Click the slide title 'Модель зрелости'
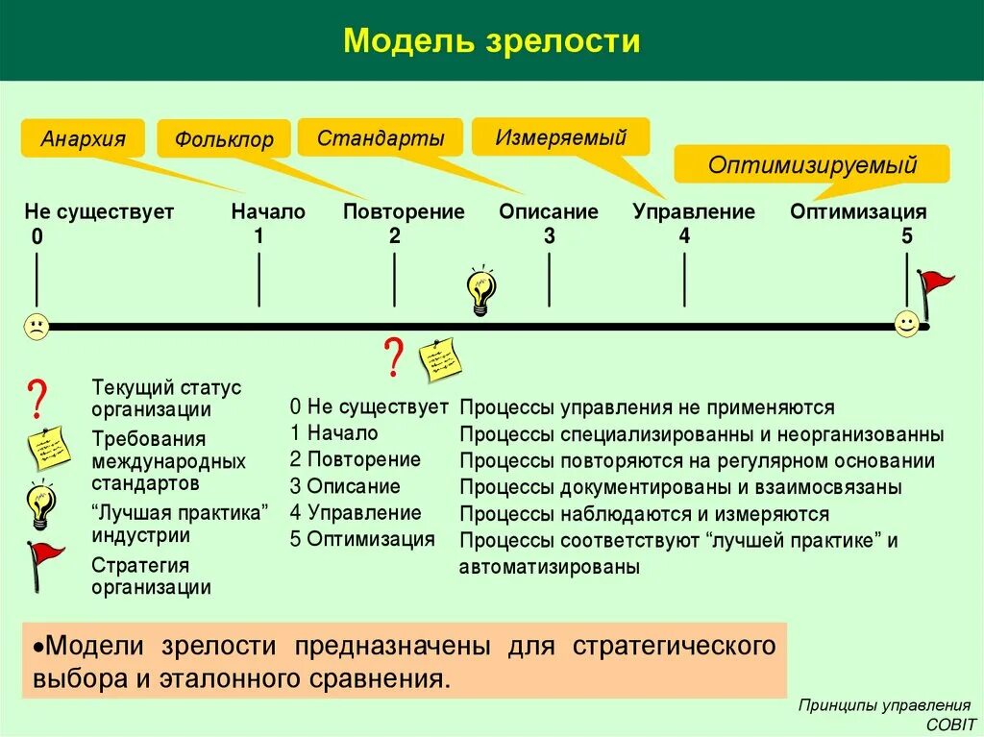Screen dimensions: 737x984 pos(491,41)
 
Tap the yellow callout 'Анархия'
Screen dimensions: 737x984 pos(83,138)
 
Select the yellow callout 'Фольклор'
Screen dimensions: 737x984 pos(223,140)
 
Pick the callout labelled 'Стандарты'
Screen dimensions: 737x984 pos(381,137)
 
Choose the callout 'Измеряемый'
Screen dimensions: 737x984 pos(560,136)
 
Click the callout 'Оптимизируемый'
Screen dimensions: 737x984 pos(812,164)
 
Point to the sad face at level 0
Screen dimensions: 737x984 pos(37,327)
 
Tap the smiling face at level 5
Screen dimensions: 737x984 pos(906,324)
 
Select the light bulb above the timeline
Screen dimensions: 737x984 pos(481,290)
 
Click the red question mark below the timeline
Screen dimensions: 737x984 pos(392,357)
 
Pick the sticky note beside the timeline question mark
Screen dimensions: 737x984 pos(440,360)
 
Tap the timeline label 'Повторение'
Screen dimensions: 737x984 pos(404,211)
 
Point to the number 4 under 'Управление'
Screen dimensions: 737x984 pos(684,235)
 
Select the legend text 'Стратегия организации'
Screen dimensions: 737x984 pos(151,577)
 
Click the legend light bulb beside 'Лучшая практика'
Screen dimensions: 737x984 pos(40,505)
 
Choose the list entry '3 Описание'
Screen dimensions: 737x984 pos(345,486)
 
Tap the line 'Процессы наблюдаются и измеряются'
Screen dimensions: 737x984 pos(644,515)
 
